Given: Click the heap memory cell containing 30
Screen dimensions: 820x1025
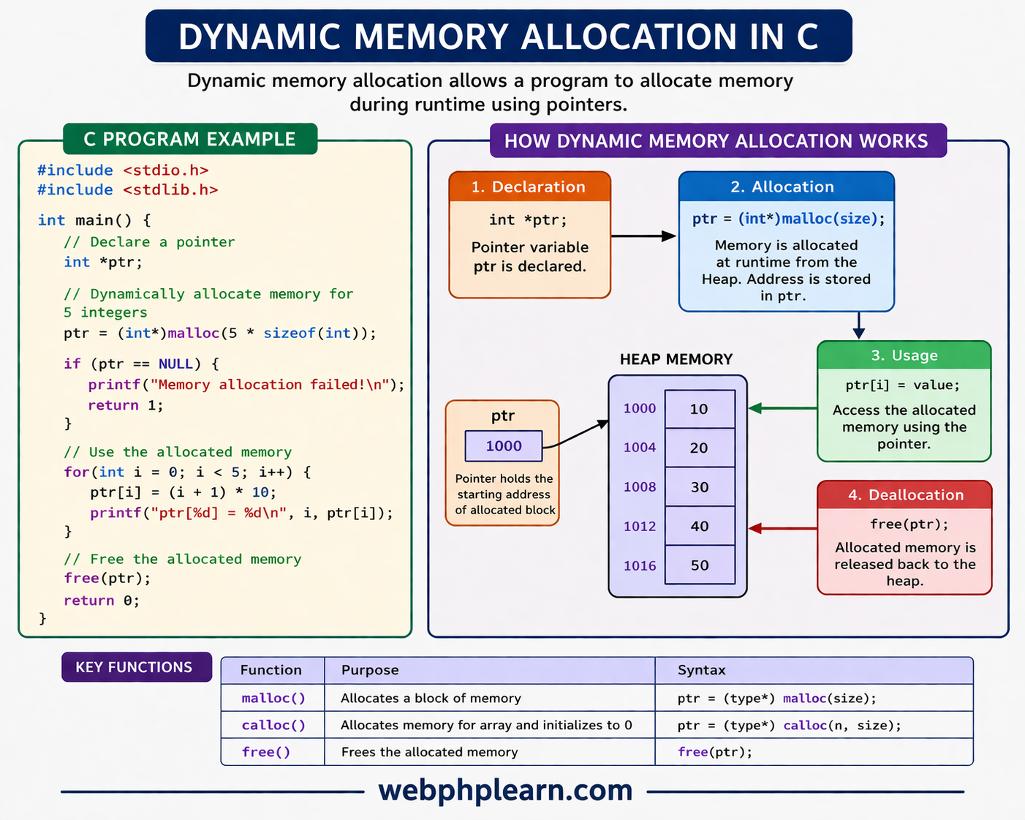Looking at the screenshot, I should (700, 486).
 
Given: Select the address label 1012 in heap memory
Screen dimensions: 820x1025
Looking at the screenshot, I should (640, 526).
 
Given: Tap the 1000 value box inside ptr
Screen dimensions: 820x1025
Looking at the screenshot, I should (504, 446).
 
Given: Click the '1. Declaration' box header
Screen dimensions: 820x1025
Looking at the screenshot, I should (529, 187).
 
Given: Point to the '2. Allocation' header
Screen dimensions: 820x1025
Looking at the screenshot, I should (786, 187).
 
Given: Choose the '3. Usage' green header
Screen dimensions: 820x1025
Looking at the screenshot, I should (904, 356).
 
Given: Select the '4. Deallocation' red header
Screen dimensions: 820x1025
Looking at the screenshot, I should (904, 495).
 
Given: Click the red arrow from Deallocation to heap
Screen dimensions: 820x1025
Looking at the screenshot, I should (783, 528).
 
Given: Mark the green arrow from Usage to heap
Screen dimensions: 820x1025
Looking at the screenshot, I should (783, 408).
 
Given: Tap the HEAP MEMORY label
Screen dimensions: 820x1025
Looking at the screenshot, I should (676, 359).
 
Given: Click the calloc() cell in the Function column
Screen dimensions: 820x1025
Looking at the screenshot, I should (273, 725).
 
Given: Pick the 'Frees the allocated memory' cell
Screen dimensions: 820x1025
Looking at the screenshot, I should (430, 752).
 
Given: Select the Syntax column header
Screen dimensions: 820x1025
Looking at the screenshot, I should (701, 670).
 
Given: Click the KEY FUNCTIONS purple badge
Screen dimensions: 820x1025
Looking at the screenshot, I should (136, 667).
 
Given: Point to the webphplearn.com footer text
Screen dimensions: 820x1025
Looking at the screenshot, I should (505, 790).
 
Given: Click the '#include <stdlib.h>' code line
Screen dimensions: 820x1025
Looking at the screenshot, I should (128, 189).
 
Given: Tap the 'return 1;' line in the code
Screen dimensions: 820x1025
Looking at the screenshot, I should (125, 405).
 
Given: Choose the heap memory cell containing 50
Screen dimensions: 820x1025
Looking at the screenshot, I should (700, 565).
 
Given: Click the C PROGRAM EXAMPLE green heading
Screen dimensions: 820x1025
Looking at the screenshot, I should (190, 139).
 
